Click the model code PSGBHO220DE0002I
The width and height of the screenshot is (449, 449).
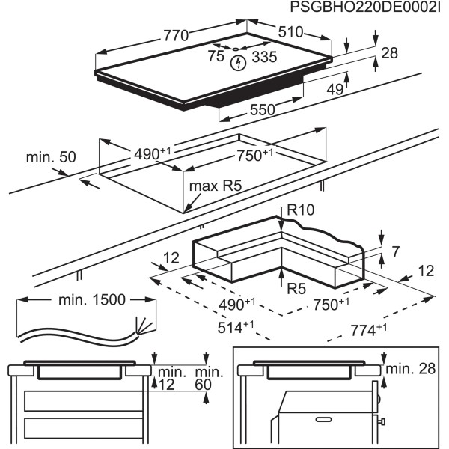tap(364, 8)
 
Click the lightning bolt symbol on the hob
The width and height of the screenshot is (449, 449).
tap(238, 63)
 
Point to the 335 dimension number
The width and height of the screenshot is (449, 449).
tap(263, 57)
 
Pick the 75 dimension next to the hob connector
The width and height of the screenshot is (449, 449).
tap(216, 57)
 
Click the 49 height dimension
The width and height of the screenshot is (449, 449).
tap(335, 90)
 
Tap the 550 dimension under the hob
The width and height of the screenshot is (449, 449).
tap(263, 109)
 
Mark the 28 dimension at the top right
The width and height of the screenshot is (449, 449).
tap(388, 53)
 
